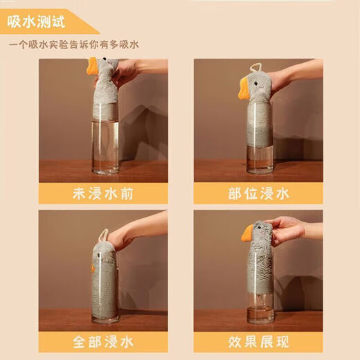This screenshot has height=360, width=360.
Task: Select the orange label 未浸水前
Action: point(103,193)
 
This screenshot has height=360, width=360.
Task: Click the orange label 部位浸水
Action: point(258,193)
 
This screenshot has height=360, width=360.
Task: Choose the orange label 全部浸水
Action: point(103,341)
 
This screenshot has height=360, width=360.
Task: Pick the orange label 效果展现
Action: point(258,341)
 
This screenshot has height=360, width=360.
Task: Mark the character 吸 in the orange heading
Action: point(16,21)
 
